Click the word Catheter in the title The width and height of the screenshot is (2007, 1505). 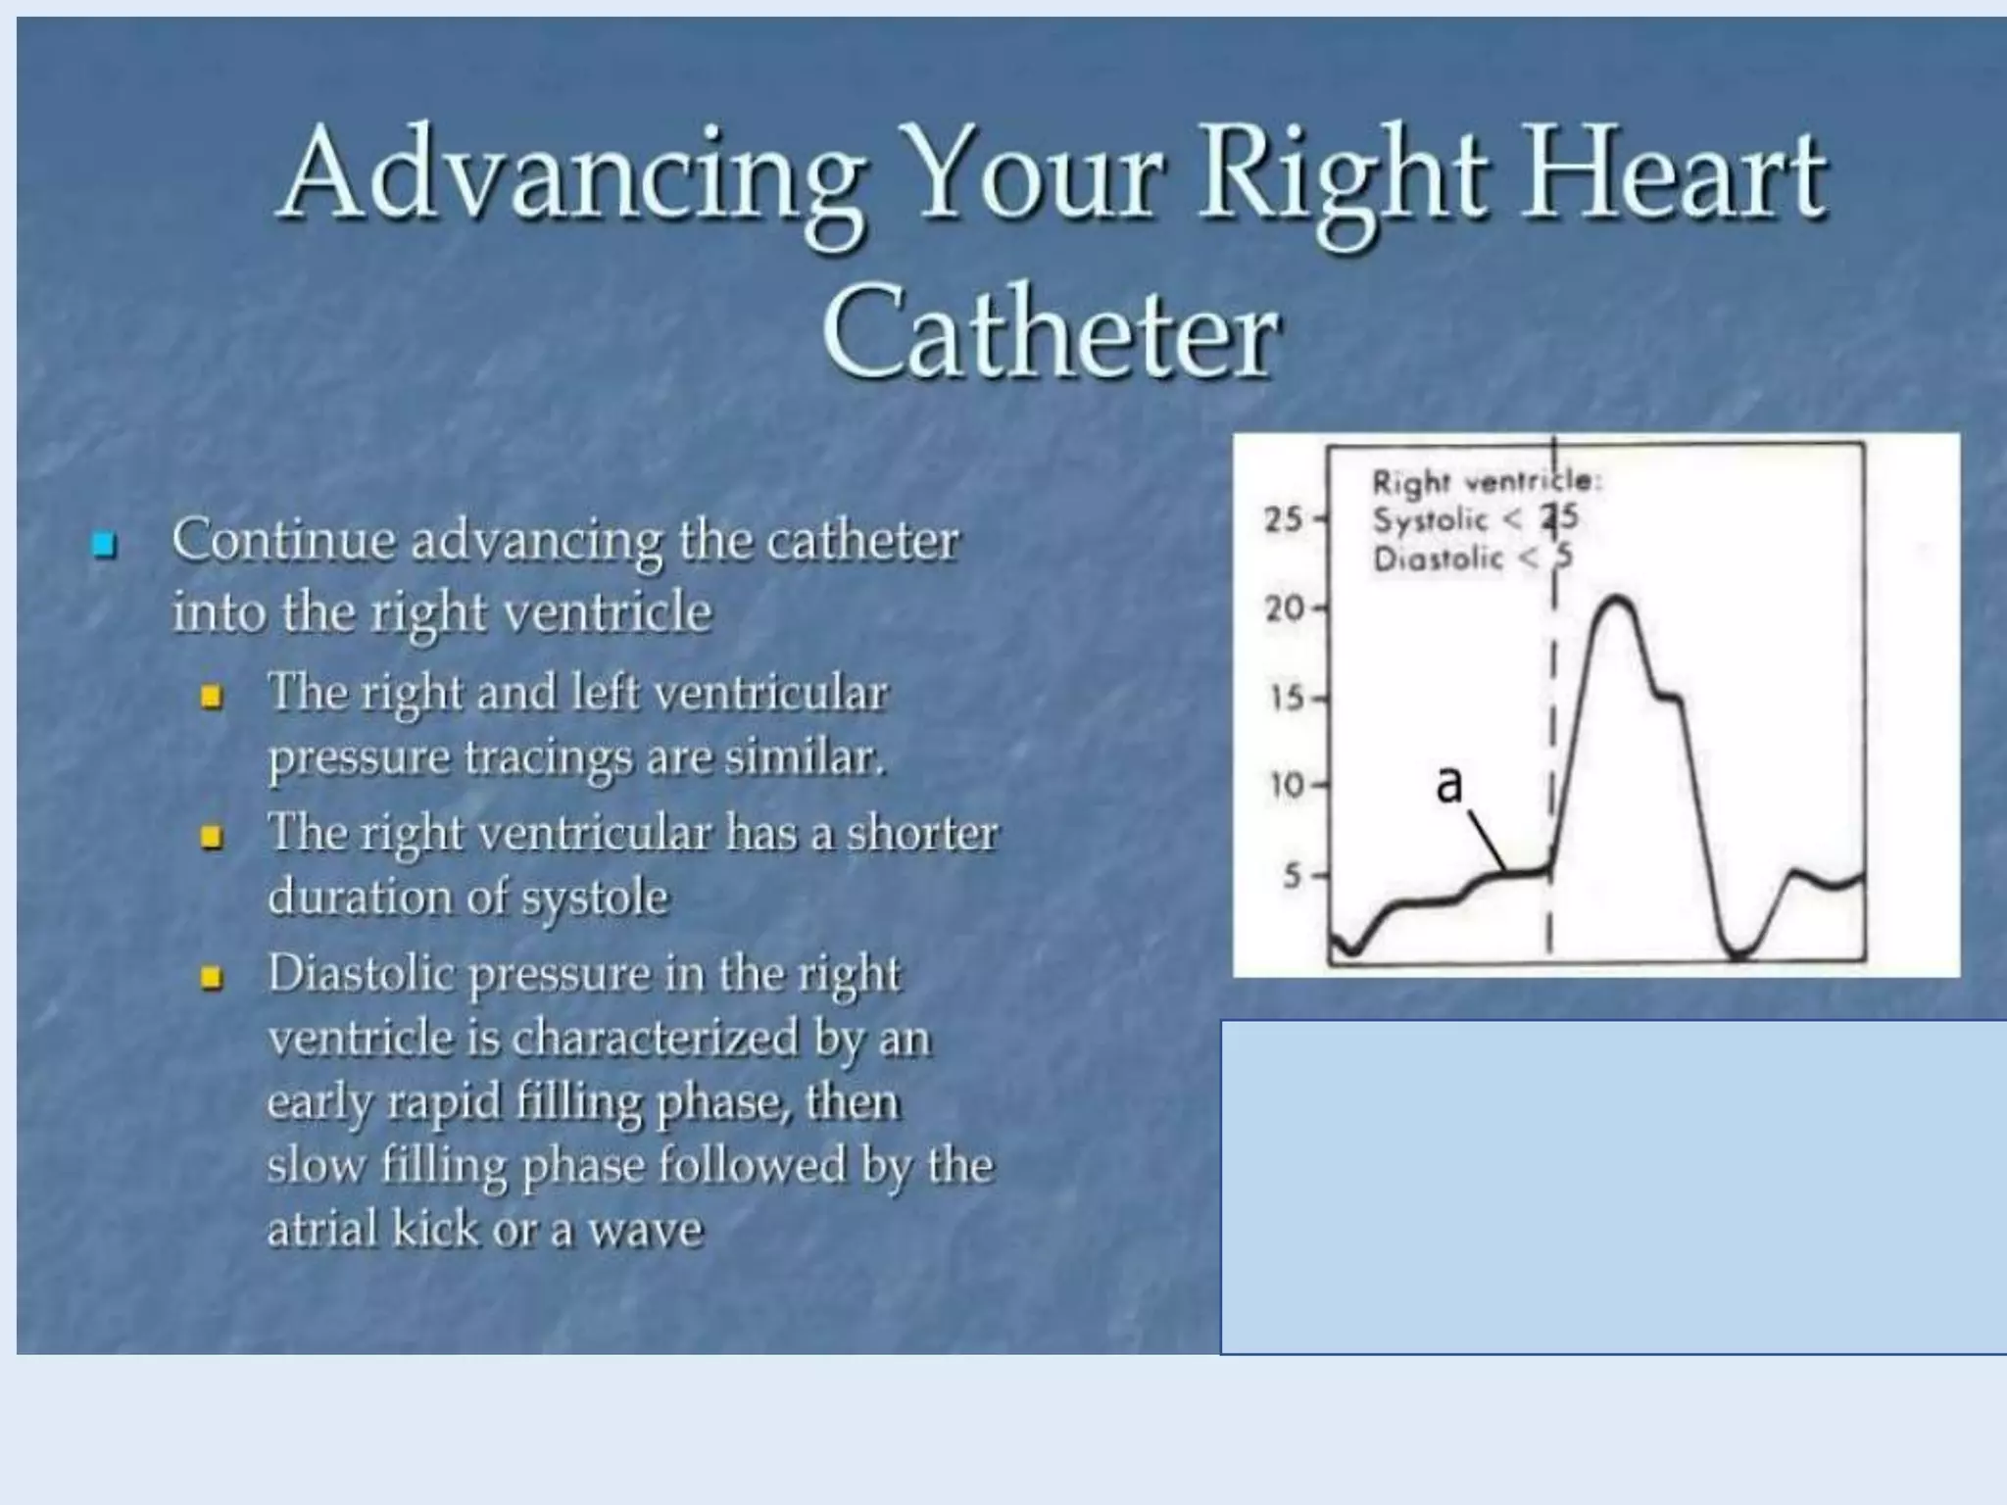[x=1051, y=333]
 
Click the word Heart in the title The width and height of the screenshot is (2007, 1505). [x=1672, y=176]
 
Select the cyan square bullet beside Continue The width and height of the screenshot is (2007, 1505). [x=103, y=544]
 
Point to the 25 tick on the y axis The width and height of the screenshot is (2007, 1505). [x=1284, y=518]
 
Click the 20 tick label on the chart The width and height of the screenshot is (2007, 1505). [x=1284, y=608]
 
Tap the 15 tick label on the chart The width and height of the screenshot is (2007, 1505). [x=1286, y=699]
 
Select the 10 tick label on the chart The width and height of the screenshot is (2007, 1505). [x=1286, y=786]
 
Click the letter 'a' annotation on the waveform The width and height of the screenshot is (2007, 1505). [x=1448, y=785]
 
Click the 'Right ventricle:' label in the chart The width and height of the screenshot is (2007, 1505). [x=1485, y=481]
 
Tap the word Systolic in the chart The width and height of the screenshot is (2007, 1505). [x=1429, y=520]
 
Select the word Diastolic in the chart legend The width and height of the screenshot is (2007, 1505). [x=1437, y=559]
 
